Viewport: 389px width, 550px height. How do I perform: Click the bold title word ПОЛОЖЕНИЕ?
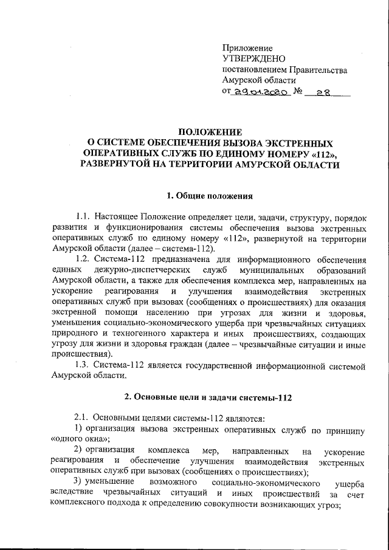click(210, 132)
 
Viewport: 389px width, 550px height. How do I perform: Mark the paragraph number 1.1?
click(83, 217)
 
